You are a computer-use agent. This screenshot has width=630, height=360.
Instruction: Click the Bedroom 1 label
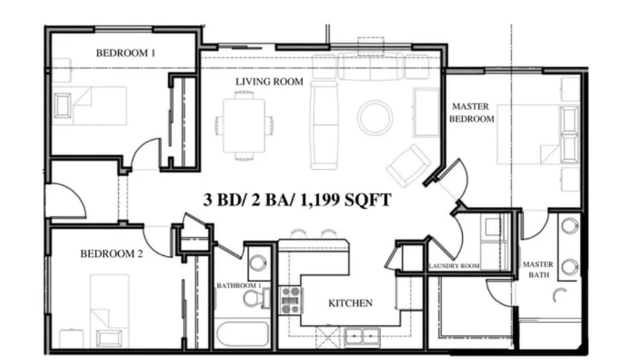coord(125,53)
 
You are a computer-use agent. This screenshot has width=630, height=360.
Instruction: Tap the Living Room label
coord(269,82)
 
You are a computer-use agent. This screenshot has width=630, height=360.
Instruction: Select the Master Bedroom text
coord(471,112)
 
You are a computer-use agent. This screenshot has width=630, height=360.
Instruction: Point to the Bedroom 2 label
coord(111,254)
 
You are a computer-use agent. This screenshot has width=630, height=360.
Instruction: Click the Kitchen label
coord(350,303)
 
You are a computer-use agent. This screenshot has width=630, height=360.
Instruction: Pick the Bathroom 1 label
coord(239,285)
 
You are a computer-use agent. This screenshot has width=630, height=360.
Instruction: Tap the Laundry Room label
coord(454,266)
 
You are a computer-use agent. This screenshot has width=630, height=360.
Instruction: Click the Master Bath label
coord(538,269)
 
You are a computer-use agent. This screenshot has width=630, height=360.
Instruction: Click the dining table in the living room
coord(244,125)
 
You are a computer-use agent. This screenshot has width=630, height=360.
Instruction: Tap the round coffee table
coord(375,117)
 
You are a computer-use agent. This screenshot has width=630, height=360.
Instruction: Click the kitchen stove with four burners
coord(291,300)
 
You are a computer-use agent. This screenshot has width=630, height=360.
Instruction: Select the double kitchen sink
coord(362,336)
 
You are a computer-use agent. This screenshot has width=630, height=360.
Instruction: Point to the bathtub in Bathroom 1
coord(243,334)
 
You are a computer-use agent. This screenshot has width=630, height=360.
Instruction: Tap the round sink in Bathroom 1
coord(257,263)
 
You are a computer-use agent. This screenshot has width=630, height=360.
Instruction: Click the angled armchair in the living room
coord(408,165)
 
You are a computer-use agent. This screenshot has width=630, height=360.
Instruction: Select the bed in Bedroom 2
coord(109,311)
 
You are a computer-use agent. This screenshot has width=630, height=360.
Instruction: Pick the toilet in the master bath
coord(560,296)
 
